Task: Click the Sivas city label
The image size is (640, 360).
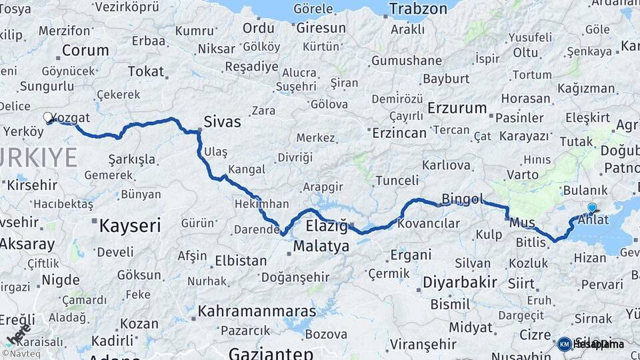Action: pos(223,122)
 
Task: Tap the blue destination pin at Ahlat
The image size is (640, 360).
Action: pos(591,208)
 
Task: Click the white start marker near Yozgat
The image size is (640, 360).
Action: pos(48,117)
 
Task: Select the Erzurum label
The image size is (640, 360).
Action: pos(457,107)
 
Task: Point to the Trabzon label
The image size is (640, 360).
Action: pos(418,9)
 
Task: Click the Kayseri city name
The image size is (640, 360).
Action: pos(130,225)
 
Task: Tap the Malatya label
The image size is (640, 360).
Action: pos(321,247)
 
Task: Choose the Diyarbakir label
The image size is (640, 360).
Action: pos(460,282)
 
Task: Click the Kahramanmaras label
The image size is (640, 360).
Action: pos(257,311)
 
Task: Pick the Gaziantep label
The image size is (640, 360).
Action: pos(271,353)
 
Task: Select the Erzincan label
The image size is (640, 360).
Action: pos(398,133)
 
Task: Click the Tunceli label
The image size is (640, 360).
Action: pos(397,181)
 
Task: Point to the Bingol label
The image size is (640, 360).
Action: pos(462,199)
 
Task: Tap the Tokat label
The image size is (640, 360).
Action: pos(145,71)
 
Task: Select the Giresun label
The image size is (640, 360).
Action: pos(321,28)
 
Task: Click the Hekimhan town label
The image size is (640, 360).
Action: pos(261,204)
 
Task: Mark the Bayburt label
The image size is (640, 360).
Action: pos(446,79)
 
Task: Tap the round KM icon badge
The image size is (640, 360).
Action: pos(564,344)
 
